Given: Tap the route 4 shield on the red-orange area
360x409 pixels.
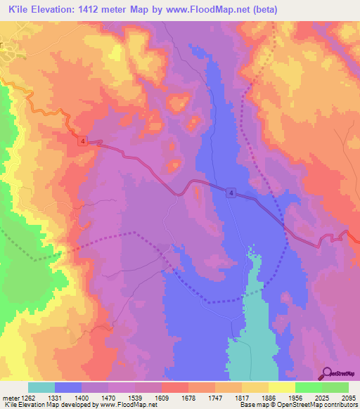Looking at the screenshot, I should (x=83, y=141).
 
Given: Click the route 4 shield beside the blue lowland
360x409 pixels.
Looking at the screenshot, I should (x=231, y=193).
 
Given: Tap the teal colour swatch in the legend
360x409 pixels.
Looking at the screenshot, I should (x=41, y=387).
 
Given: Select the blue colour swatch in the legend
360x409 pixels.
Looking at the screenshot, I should (x=68, y=387).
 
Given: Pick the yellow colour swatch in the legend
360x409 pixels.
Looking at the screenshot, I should (x=282, y=387).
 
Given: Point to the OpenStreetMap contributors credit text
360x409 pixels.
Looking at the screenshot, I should (x=323, y=405).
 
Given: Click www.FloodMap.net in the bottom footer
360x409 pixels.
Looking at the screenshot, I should (x=129, y=405).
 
